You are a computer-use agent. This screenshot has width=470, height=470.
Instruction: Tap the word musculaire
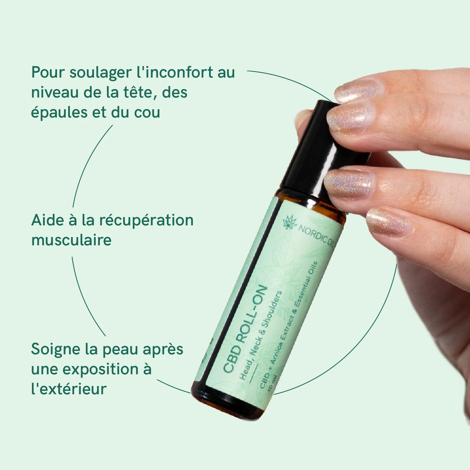tap(72, 240)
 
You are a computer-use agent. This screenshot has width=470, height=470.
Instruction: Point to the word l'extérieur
tap(69, 389)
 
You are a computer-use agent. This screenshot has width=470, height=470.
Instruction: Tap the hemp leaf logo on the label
tap(289, 222)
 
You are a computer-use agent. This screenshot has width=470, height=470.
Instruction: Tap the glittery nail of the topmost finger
tap(357, 91)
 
